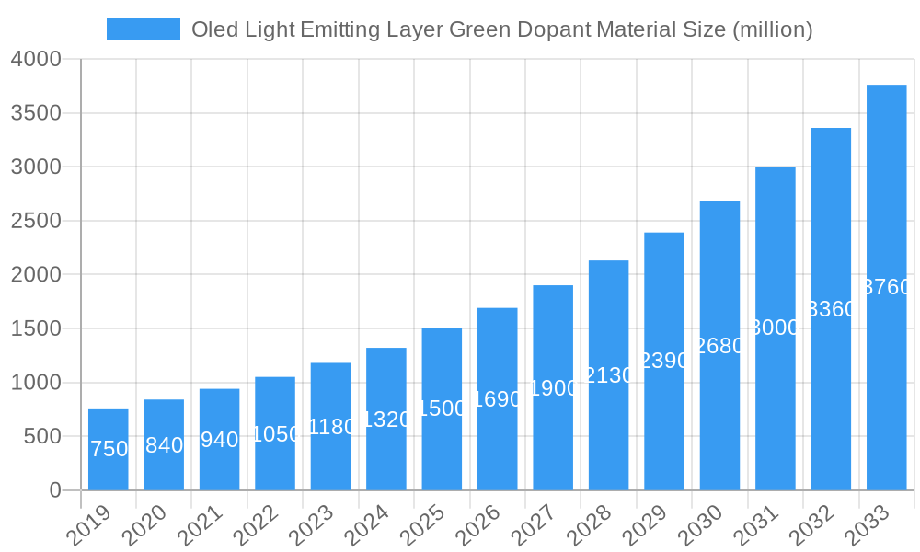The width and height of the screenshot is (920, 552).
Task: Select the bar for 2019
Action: (109, 450)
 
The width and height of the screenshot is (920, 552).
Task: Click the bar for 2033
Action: (886, 287)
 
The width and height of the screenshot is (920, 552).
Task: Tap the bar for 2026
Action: (497, 399)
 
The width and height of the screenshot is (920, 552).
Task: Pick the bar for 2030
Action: (719, 346)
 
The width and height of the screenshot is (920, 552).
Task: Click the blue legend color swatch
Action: (144, 29)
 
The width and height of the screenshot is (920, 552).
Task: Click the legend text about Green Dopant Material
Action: (501, 29)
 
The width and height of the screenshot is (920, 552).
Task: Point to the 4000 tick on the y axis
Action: (36, 59)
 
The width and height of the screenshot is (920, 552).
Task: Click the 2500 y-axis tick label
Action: (36, 221)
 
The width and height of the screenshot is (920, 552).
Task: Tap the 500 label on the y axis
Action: (42, 436)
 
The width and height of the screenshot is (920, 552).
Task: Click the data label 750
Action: (109, 449)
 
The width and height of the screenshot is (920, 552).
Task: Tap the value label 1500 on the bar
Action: (443, 408)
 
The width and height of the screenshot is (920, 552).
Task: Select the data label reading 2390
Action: (664, 361)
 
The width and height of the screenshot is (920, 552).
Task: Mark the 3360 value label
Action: (831, 309)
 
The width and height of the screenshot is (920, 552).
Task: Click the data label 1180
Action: (331, 427)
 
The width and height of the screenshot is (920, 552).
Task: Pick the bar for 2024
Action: (386, 419)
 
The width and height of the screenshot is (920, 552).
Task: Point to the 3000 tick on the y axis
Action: (36, 167)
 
